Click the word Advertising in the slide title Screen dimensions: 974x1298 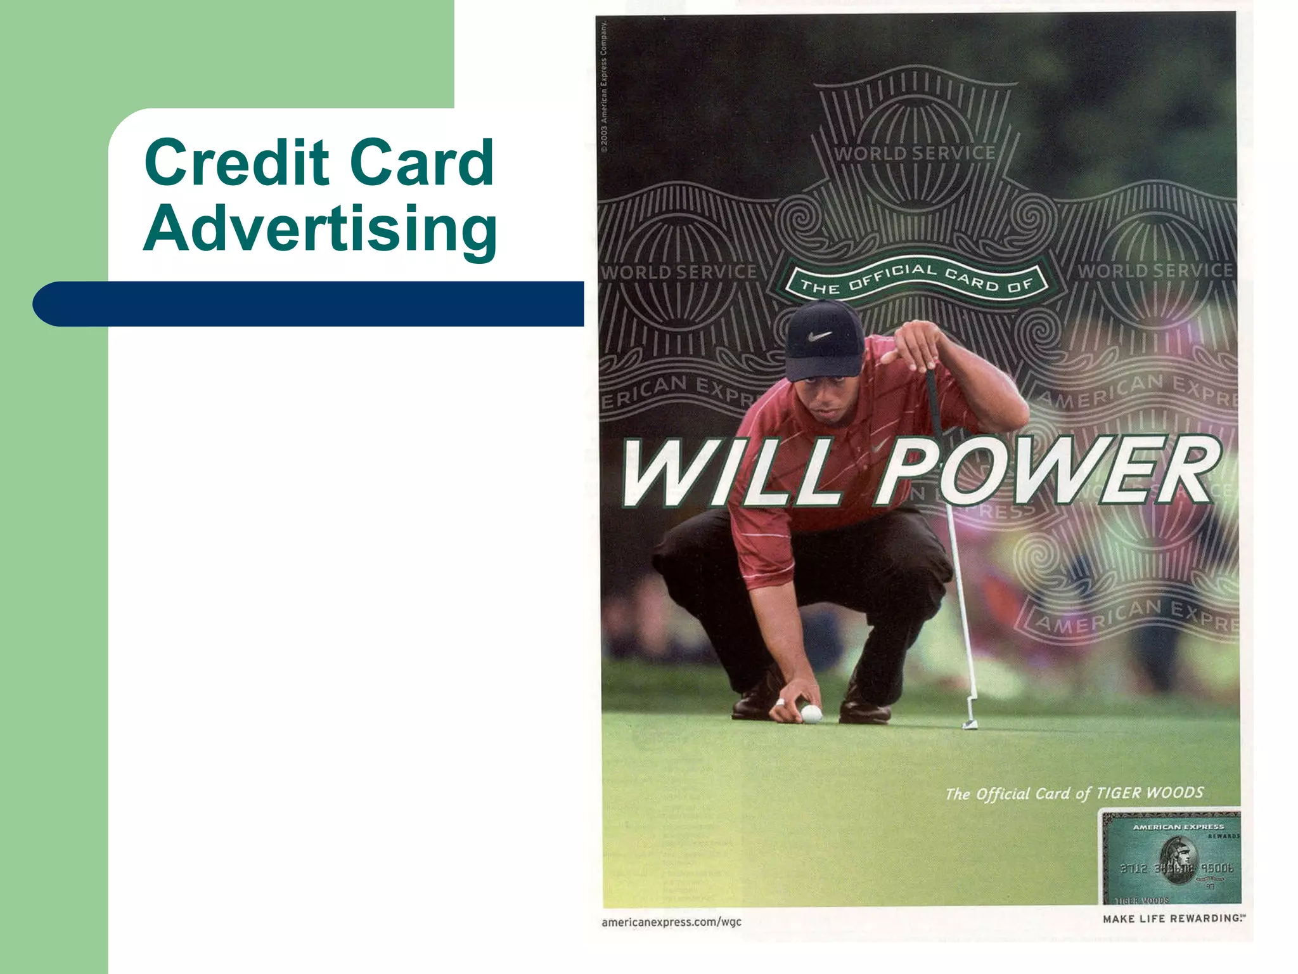[x=320, y=230]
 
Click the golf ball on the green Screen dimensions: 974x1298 [x=811, y=715]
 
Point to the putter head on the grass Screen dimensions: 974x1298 [x=970, y=724]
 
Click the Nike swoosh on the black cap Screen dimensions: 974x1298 [x=820, y=335]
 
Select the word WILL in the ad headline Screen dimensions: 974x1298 [x=729, y=472]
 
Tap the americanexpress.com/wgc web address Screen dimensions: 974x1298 [x=671, y=922]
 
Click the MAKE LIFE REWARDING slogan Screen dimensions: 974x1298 [x=1173, y=919]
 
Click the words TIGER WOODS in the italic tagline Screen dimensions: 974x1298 [x=1149, y=793]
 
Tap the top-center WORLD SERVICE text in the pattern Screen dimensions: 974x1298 [x=915, y=153]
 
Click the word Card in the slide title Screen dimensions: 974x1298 [x=421, y=163]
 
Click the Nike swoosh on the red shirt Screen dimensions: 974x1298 [x=876, y=448]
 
